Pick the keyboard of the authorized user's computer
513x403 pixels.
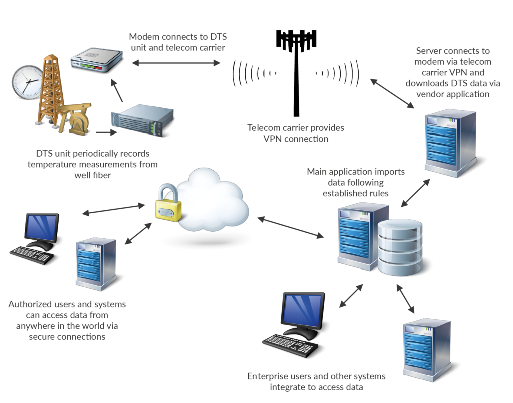pyautogui.click(x=32, y=254)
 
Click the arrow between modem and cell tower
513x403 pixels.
pyautogui.click(x=176, y=63)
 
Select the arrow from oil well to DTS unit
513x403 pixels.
pyautogui.click(x=106, y=133)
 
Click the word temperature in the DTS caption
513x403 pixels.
pyautogui.click(x=52, y=164)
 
